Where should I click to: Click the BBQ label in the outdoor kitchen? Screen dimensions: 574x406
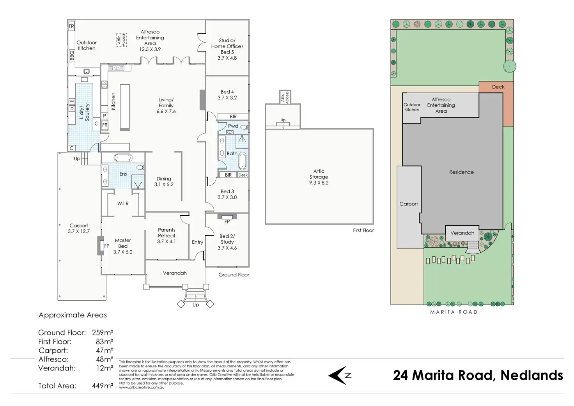[72, 56]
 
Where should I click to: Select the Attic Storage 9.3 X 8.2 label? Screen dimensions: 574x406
[319, 177]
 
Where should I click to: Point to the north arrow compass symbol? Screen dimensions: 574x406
[340, 376]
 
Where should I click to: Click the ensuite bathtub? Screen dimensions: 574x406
[123, 158]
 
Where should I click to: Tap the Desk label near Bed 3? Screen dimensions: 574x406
[243, 175]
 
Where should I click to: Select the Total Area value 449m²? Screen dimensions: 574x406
[103, 386]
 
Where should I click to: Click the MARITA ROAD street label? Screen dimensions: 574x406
[454, 312]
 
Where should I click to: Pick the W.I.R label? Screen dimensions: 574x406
[123, 204]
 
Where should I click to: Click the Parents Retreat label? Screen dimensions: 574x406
[167, 233]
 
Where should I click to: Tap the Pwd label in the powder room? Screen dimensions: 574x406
[233, 126]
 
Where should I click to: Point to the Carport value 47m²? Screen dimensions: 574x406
[105, 350]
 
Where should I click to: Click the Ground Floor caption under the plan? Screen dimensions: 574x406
[234, 275]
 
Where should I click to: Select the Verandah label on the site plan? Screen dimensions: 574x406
[462, 233]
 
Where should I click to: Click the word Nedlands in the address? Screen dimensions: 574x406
[532, 375]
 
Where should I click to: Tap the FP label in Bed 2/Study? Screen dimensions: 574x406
[227, 222]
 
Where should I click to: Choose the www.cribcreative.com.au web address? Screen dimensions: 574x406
[142, 387]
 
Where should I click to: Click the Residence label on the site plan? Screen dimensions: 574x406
[461, 172]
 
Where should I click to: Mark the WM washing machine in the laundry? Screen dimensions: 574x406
[72, 101]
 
